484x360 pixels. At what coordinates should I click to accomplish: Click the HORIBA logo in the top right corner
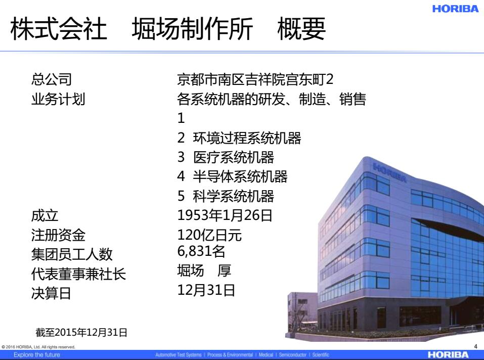(x=455, y=9)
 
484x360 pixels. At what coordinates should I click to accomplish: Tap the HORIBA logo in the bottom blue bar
(x=448, y=355)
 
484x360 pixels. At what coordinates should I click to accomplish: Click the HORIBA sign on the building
(x=389, y=172)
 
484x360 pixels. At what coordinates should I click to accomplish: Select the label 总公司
(x=52, y=79)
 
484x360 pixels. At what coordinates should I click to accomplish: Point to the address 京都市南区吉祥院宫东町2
(x=255, y=79)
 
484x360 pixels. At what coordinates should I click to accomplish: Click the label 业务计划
(x=58, y=99)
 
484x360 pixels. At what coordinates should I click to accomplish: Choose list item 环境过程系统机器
(x=247, y=138)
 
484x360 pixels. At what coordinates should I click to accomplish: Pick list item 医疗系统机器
(x=233, y=157)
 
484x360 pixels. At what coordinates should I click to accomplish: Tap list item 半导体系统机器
(x=240, y=177)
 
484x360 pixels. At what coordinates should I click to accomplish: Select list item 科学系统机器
(x=233, y=196)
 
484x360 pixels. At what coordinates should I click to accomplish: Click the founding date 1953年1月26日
(x=225, y=215)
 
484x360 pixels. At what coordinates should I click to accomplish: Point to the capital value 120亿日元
(x=209, y=235)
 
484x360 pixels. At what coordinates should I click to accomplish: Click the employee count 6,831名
(x=201, y=251)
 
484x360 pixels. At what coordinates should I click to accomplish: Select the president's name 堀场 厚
(x=204, y=271)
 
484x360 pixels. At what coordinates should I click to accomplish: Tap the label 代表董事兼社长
(x=78, y=274)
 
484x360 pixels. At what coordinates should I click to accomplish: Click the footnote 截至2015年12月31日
(x=81, y=333)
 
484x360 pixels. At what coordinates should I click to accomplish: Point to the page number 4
(x=476, y=347)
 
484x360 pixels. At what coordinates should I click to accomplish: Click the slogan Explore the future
(x=37, y=355)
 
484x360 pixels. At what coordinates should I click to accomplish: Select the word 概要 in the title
(x=301, y=29)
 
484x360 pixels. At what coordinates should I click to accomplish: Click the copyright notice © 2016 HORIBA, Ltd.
(x=38, y=347)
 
